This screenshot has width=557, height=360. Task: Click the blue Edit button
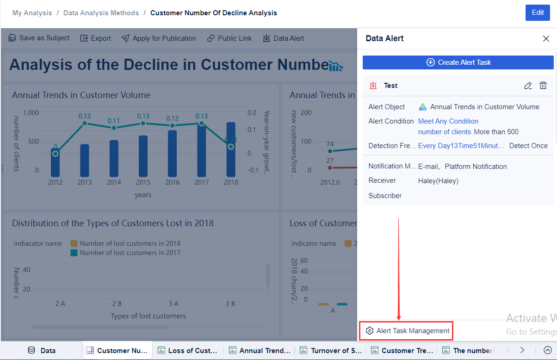pos(538,13)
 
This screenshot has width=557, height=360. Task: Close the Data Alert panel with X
pos(546,39)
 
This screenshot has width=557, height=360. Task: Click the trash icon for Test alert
pos(543,86)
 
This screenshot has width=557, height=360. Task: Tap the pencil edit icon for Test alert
pos(528,86)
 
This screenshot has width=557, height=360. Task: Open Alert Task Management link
pos(407,331)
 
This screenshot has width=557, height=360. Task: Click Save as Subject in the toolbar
pos(39,38)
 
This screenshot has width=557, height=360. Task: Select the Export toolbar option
pos(96,38)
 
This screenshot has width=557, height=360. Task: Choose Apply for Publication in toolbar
pos(159,38)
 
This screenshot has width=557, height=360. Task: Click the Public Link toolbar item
pos(229,38)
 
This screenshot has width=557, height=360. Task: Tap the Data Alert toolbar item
pos(284,38)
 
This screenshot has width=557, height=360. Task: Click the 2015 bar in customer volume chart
pos(143,156)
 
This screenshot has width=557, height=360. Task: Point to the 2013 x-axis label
pos(85,182)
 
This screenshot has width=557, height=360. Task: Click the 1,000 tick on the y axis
pos(31,112)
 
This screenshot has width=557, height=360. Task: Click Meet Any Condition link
pos(448,121)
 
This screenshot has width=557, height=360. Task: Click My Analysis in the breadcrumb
pos(32,13)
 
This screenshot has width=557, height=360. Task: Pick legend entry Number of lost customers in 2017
pos(130,253)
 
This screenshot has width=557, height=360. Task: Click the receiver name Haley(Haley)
pos(438,181)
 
